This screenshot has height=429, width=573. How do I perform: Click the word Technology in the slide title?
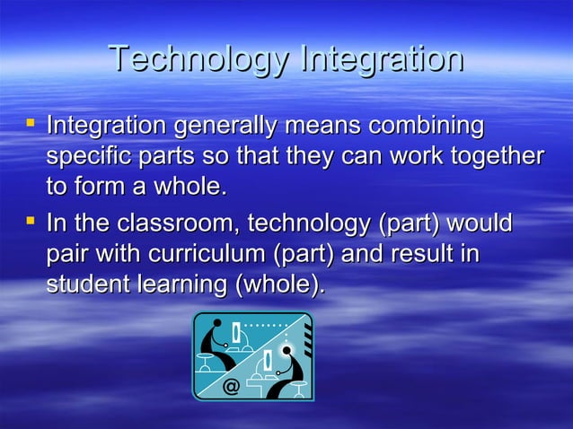point(198,61)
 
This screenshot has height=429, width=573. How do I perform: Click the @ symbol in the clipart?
point(231,387)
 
